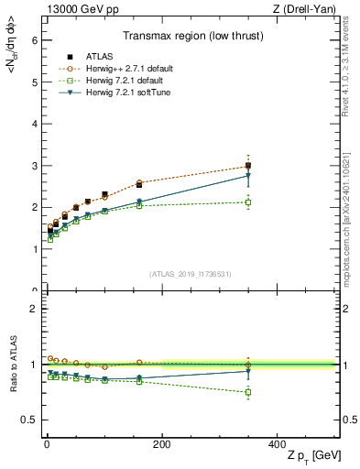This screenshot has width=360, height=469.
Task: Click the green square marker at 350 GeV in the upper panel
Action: pyautogui.click(x=247, y=202)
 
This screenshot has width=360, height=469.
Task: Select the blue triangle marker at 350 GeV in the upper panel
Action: pyautogui.click(x=247, y=175)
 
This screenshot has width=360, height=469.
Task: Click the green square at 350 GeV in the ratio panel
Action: pyautogui.click(x=247, y=392)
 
